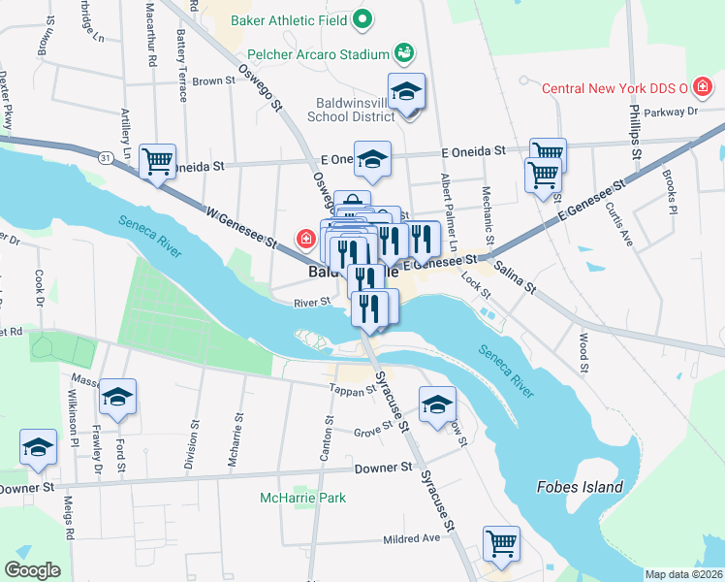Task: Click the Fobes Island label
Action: pyautogui.click(x=581, y=487)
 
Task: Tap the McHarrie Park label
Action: pyautogui.click(x=302, y=498)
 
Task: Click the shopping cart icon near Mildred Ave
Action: pyautogui.click(x=501, y=542)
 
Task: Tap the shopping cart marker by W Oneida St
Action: pyautogui.click(x=157, y=160)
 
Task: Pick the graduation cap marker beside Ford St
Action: pyautogui.click(x=117, y=397)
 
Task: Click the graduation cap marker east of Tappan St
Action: pyautogui.click(x=436, y=403)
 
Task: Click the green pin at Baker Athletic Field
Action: pyautogui.click(x=362, y=17)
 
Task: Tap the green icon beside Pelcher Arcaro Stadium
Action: pyautogui.click(x=404, y=51)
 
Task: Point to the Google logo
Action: pyautogui.click(x=32, y=569)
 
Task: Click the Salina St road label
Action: pyautogui.click(x=514, y=275)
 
